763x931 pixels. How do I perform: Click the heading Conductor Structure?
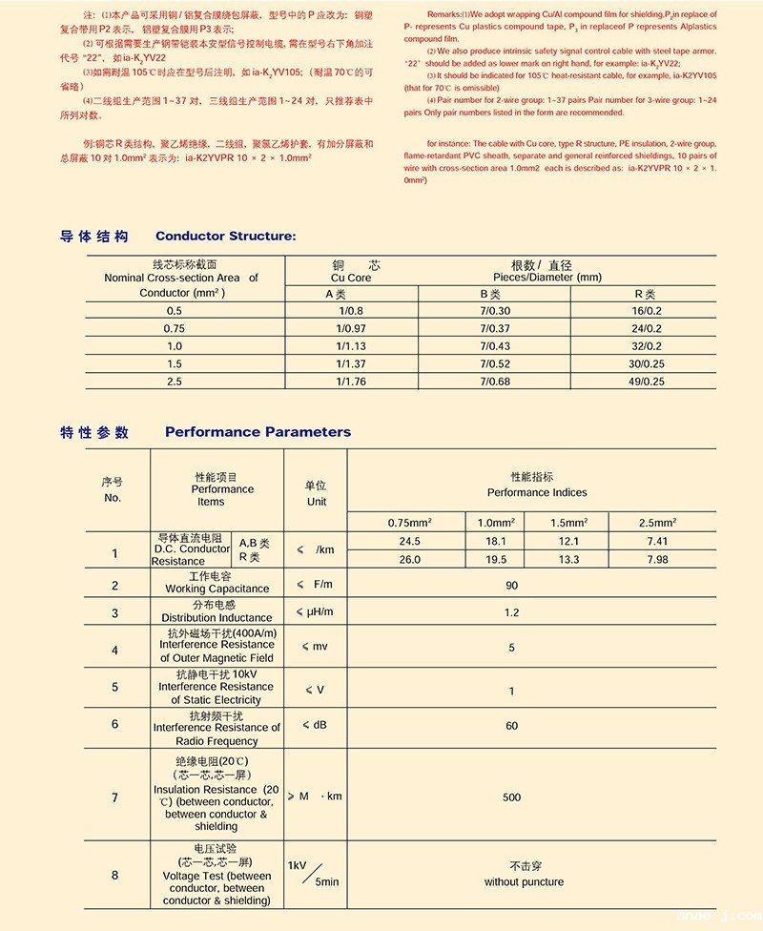tap(225, 237)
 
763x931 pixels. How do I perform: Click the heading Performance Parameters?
tap(258, 432)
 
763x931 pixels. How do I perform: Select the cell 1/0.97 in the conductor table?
tap(351, 328)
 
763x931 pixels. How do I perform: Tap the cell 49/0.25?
tap(646, 382)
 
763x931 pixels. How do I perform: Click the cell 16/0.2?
tap(646, 311)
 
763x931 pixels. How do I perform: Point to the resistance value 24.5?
tap(409, 541)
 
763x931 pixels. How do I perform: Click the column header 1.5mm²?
tap(569, 522)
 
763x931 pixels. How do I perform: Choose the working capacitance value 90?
tap(511, 585)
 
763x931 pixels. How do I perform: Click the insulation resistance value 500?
tap(511, 797)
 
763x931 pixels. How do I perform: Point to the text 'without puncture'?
tap(524, 882)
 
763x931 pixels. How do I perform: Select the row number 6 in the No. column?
tap(114, 724)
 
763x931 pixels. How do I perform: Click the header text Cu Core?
tap(351, 278)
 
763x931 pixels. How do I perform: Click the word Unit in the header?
tap(316, 502)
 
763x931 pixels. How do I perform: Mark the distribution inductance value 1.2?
tap(511, 612)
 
